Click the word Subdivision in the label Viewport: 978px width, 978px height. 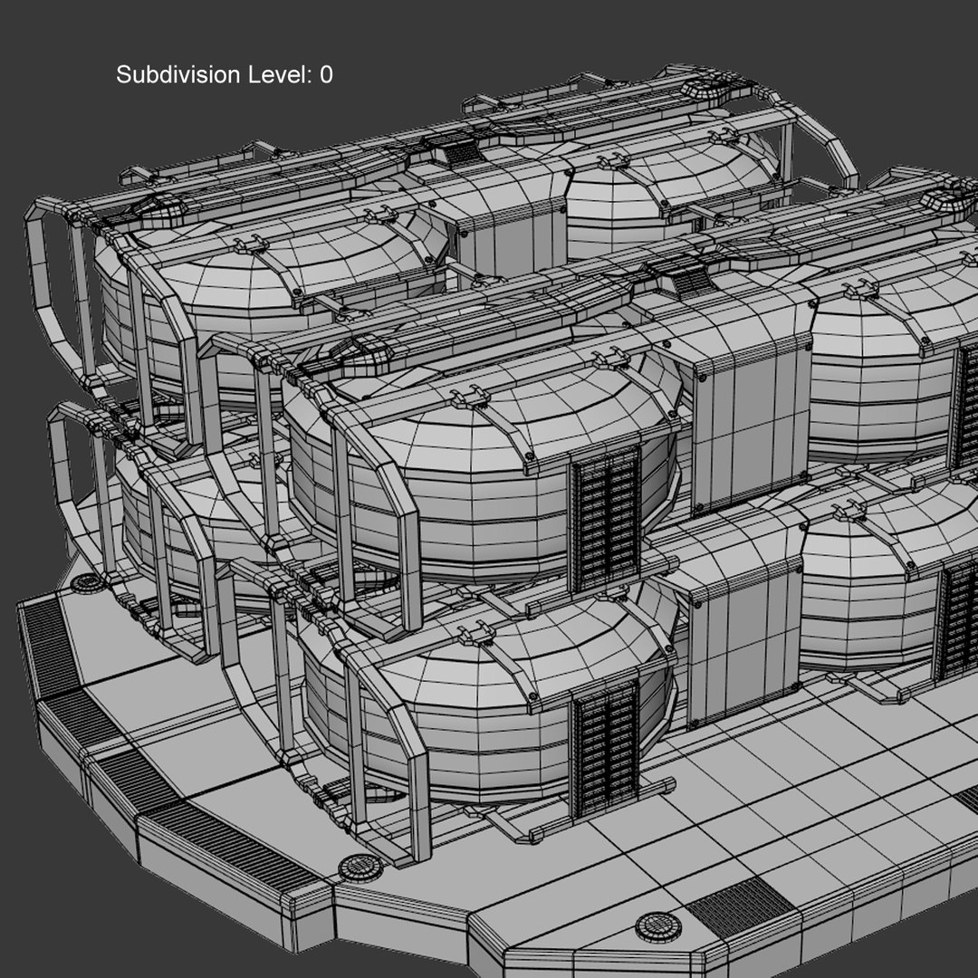(178, 75)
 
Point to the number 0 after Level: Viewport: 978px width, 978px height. (326, 75)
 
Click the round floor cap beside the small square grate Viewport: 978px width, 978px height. (658, 926)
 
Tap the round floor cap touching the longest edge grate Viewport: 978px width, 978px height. (360, 868)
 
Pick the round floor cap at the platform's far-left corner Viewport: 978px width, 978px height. (88, 582)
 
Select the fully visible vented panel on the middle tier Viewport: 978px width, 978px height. (605, 518)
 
